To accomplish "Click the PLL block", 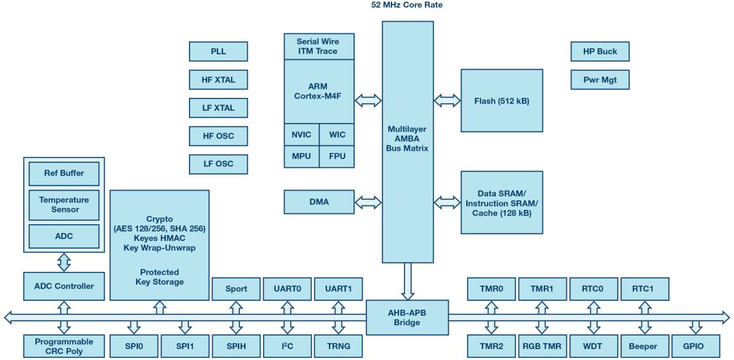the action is point(218,52).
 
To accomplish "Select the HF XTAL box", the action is point(218,79).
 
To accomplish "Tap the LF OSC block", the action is point(218,164).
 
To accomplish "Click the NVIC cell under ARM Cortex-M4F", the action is point(302,134).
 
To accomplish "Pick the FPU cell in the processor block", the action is point(337,156).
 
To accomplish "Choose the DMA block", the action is point(319,202).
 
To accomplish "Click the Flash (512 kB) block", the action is point(502,101).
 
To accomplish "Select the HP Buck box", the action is point(600,52).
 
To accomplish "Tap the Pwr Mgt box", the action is point(600,79).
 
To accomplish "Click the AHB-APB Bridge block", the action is point(407,317).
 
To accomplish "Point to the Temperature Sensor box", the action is point(64,204).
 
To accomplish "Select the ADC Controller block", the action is point(64,286).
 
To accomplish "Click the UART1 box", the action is point(338,289).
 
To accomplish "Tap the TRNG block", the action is point(338,346).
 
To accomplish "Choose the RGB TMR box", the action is point(542,346).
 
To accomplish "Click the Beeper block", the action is point(644,346).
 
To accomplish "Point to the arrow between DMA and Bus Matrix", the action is point(368,202).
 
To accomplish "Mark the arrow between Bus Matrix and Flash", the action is point(447,100).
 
